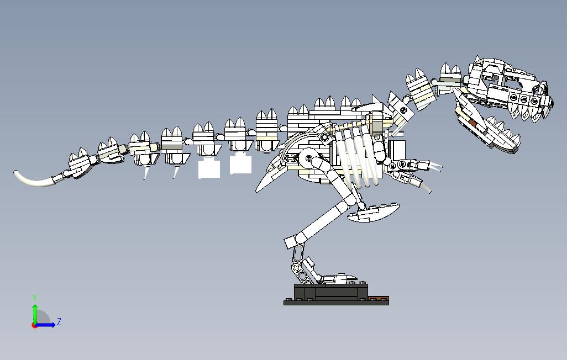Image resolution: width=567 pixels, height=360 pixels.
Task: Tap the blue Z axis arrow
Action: tap(48, 325)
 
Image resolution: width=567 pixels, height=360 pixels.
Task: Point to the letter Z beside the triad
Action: tap(59, 322)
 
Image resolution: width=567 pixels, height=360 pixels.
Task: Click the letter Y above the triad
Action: tap(35, 298)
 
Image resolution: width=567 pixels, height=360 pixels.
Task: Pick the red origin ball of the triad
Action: tap(35, 325)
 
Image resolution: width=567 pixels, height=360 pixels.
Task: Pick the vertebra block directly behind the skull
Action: tap(450, 75)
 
